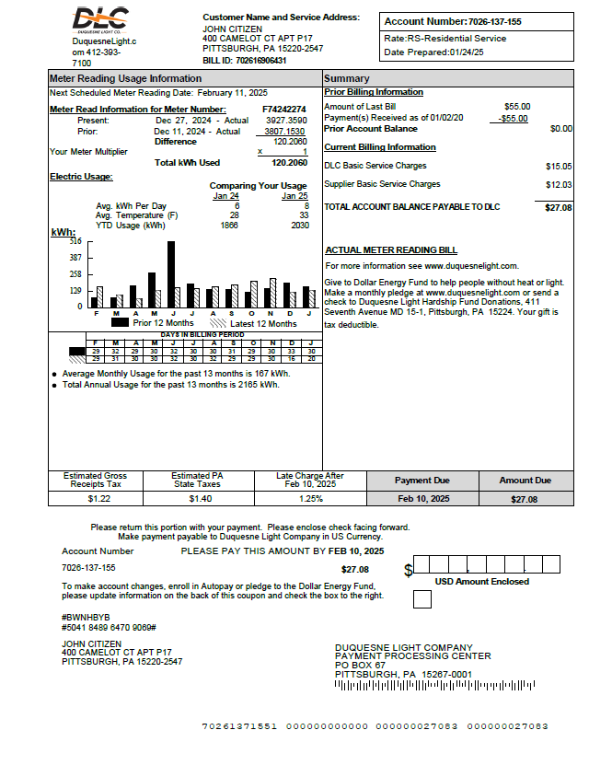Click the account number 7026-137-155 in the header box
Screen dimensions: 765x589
(x=494, y=21)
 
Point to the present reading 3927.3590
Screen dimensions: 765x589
(x=285, y=121)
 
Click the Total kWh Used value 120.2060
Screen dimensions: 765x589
(x=289, y=162)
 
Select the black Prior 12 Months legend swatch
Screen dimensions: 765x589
(x=120, y=323)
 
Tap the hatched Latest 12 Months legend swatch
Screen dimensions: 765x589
(x=218, y=323)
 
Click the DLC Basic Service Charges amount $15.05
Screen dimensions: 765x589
(x=558, y=167)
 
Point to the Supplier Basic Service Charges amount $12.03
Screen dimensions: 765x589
(x=558, y=185)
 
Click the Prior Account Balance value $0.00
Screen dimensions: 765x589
(x=560, y=129)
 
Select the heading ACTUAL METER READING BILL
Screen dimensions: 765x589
(x=391, y=249)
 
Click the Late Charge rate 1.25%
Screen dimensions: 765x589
(x=311, y=498)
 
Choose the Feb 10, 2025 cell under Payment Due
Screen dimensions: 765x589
(x=422, y=498)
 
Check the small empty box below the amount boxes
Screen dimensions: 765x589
(x=422, y=599)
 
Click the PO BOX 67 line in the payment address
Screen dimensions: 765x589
(x=360, y=665)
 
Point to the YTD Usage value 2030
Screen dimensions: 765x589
(x=299, y=225)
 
